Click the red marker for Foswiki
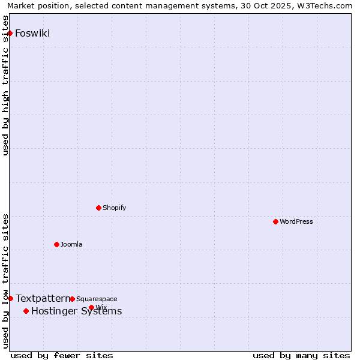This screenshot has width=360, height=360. [x=10, y=33]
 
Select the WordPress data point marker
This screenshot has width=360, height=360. [x=275, y=221]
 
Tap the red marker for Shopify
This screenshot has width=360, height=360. [x=98, y=208]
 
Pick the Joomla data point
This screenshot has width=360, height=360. [x=56, y=244]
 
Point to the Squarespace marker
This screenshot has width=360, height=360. [x=72, y=299]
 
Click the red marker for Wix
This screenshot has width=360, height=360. [x=91, y=307]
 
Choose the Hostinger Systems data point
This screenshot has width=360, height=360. [x=26, y=311]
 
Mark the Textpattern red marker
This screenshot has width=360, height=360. [x=10, y=298]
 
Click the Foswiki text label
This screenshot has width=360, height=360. [x=32, y=33]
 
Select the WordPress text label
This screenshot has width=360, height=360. [x=296, y=221]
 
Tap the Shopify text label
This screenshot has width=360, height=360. [x=114, y=208]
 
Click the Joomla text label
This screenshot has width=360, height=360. [x=71, y=244]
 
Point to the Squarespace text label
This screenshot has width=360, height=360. [x=97, y=299]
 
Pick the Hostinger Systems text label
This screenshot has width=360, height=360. [x=76, y=311]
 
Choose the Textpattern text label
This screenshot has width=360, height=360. [x=43, y=298]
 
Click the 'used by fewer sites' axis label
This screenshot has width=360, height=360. [x=62, y=355]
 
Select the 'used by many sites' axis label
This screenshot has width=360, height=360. [x=301, y=355]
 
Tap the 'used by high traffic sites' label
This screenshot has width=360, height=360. [x=6, y=93]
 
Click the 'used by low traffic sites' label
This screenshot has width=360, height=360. [x=6, y=281]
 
